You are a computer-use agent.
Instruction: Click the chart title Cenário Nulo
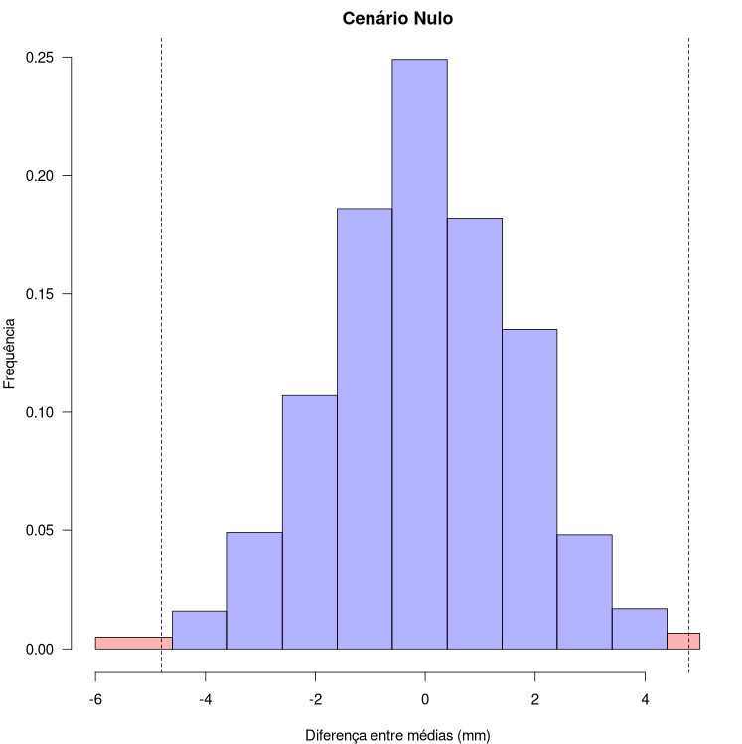pyautogui.click(x=397, y=18)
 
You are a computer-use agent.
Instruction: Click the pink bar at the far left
pyautogui.click(x=133, y=643)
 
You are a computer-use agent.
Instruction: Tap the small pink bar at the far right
pyautogui.click(x=683, y=641)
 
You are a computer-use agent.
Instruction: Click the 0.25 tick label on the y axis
pyautogui.click(x=41, y=58)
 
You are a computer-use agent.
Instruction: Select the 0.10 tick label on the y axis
pyautogui.click(x=41, y=412)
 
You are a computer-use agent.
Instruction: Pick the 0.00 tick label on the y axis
pyautogui.click(x=41, y=649)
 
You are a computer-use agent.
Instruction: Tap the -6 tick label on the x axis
pyautogui.click(x=95, y=698)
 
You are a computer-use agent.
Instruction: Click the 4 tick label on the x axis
pyautogui.click(x=645, y=698)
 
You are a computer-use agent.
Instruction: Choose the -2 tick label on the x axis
pyautogui.click(x=315, y=698)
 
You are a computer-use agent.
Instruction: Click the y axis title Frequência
pyautogui.click(x=10, y=353)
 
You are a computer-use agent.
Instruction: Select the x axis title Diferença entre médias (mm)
pyautogui.click(x=397, y=735)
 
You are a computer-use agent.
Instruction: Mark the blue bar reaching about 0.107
pyautogui.click(x=309, y=521)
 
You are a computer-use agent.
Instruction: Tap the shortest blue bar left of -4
pyautogui.click(x=199, y=630)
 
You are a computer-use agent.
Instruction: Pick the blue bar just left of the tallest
pyautogui.click(x=364, y=428)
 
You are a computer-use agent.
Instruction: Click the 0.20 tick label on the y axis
pyautogui.click(x=41, y=176)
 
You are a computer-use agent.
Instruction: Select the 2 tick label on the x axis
pyautogui.click(x=534, y=698)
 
